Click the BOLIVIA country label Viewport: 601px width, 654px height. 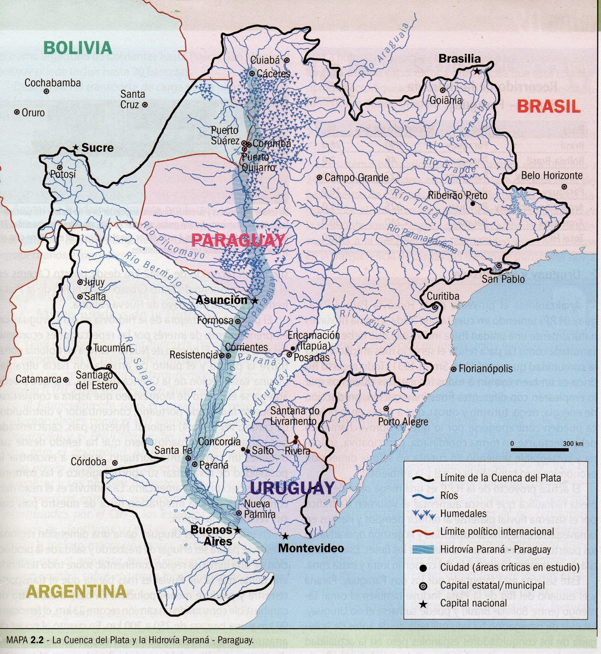click(x=78, y=48)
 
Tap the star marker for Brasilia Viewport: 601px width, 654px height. click(x=477, y=71)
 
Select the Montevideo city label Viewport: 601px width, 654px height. click(x=311, y=548)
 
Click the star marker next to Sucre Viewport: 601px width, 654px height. click(x=75, y=148)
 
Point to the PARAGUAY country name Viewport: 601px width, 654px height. click(x=238, y=240)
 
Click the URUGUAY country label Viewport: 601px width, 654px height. click(x=292, y=488)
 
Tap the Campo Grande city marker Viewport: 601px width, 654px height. click(x=319, y=178)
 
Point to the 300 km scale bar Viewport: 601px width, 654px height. click(x=539, y=450)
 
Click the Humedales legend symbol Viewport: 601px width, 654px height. click(x=423, y=513)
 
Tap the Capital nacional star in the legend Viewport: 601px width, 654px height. click(x=423, y=604)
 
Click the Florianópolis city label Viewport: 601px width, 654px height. click(x=485, y=369)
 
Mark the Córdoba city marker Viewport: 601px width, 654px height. click(x=115, y=463)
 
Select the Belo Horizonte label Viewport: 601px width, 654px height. click(x=552, y=176)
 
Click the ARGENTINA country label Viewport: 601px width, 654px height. click(x=76, y=591)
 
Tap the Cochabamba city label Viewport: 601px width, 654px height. click(x=53, y=83)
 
